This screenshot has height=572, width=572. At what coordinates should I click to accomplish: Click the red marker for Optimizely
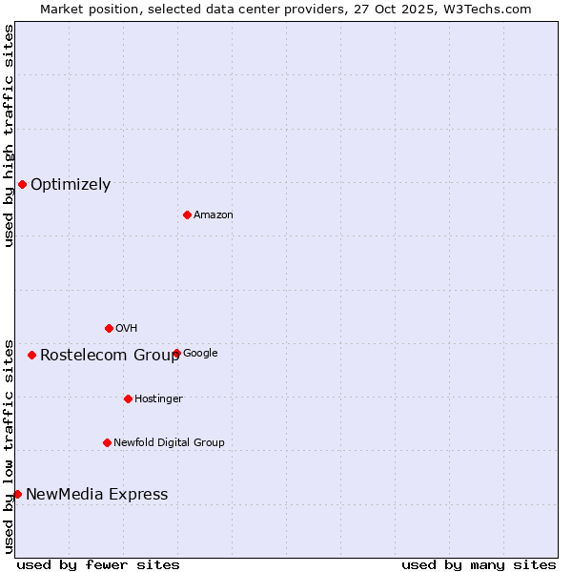point(22,184)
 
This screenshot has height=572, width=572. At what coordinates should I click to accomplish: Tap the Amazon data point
point(187,214)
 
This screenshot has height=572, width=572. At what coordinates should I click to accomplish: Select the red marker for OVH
point(109,328)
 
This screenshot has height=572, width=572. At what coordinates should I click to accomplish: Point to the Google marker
point(176,353)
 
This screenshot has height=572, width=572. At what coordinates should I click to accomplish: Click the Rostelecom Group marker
point(31,355)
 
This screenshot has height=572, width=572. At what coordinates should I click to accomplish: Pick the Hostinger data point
point(128,398)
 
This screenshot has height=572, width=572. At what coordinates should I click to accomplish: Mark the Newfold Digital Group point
point(107,442)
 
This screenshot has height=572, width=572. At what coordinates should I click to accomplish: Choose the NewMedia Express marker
point(17,494)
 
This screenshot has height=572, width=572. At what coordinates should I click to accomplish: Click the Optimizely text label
point(71,185)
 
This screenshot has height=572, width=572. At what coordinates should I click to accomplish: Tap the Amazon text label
point(214,215)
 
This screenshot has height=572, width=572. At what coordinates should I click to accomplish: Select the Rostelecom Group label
point(110,356)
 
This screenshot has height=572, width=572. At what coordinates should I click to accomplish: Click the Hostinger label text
point(158,399)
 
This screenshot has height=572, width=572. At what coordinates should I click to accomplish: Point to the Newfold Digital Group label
point(169,443)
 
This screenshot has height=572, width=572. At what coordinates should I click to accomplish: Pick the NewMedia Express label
point(96,495)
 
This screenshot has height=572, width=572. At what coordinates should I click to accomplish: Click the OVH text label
point(127,329)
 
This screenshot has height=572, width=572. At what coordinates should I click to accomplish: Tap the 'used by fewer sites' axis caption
point(98,564)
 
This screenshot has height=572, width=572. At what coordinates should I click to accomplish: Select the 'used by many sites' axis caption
point(479,564)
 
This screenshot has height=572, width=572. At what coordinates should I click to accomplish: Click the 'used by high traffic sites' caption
point(9,135)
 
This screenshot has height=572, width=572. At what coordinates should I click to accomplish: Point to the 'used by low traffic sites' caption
point(9,446)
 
